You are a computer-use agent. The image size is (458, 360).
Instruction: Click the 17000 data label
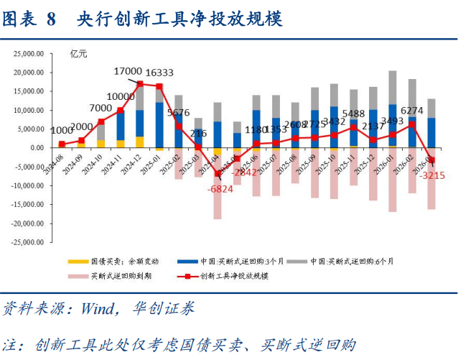pyautogui.click(x=128, y=71)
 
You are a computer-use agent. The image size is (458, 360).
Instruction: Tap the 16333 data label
pyautogui.click(x=159, y=73)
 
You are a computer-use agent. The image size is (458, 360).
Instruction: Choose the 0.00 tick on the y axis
pyautogui.click(x=38, y=148)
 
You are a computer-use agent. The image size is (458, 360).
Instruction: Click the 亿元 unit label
pyautogui.click(x=79, y=53)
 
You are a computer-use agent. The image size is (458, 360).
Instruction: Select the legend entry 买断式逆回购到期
pyautogui.click(x=118, y=275)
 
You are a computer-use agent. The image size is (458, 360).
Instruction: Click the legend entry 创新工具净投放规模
pyautogui.click(x=234, y=275)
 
